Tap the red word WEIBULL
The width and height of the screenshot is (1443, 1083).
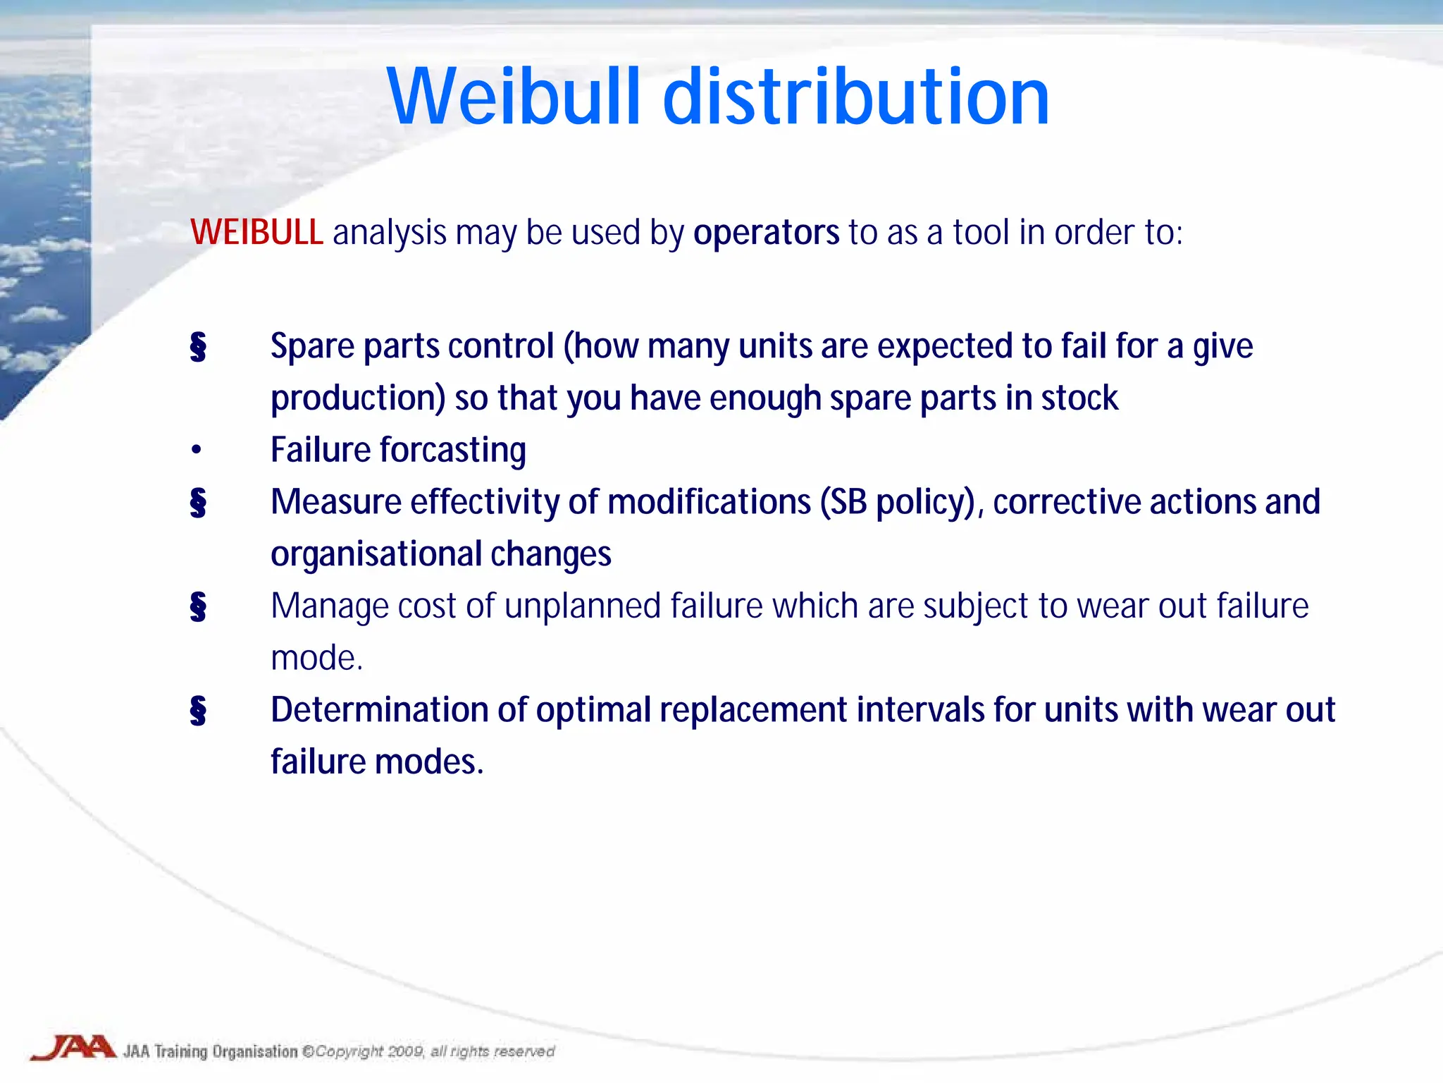256,233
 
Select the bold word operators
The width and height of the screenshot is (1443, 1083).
766,233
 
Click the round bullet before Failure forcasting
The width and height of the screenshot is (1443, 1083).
197,450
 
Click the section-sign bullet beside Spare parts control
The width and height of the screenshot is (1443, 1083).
198,347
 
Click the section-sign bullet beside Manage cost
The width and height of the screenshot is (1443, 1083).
198,606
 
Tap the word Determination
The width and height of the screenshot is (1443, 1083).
379,710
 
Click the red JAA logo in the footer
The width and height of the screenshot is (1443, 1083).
73,1048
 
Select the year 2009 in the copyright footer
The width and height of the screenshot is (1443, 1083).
405,1051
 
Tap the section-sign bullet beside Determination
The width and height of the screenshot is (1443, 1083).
198,710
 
